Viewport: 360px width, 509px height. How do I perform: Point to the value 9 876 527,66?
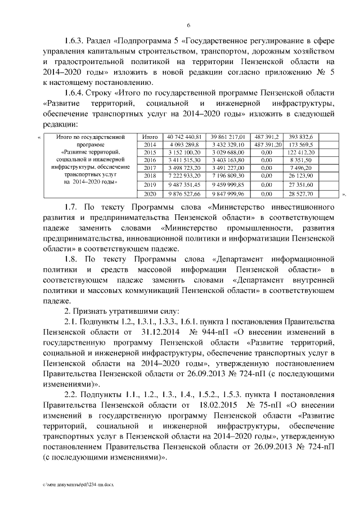(x=184, y=194)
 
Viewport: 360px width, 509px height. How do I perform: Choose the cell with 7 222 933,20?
(x=184, y=176)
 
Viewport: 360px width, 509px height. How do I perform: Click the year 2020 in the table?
(x=150, y=194)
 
